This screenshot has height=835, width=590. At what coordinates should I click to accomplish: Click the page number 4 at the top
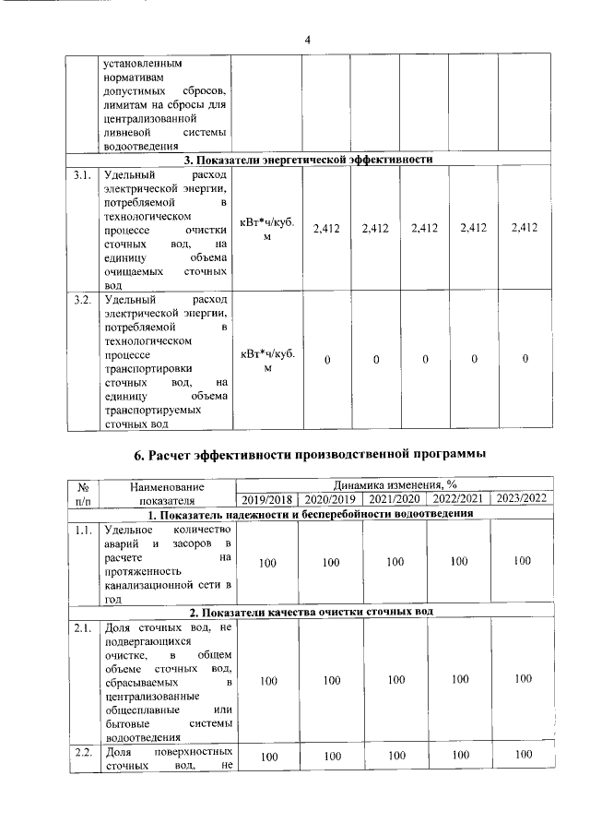308,39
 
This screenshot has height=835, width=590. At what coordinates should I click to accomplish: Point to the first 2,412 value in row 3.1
327,228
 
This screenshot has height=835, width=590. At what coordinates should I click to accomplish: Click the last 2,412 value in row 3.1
524,228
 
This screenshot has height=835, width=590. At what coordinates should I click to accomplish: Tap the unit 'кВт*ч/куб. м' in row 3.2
267,360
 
